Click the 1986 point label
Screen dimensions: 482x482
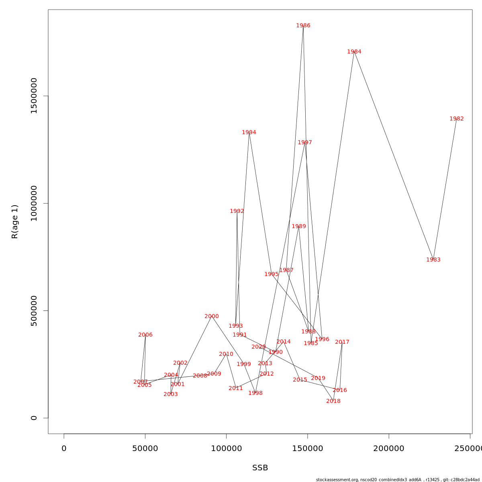303,26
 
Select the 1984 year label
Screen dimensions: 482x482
354,52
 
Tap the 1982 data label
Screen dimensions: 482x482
457,119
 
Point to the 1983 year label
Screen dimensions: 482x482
433,260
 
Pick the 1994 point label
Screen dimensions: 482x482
249,133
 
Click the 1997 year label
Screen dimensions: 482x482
305,143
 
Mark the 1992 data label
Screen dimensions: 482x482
237,211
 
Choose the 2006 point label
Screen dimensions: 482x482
145,335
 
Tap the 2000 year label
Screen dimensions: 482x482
212,317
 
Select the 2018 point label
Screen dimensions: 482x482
333,401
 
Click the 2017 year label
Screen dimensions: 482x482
342,342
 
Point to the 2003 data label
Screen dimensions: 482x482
171,394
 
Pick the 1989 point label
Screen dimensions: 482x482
299,227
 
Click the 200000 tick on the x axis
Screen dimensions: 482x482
389,449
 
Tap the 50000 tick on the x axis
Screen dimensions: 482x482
145,449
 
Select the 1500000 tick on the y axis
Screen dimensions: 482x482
34,96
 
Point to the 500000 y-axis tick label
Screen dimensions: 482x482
34,310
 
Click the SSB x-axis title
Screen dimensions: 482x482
260,468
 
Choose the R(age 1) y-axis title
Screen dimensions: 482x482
15,222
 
